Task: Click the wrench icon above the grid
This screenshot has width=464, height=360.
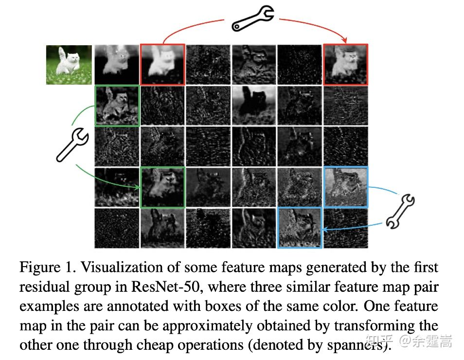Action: click(x=253, y=18)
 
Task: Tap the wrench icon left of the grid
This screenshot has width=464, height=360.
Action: click(x=72, y=145)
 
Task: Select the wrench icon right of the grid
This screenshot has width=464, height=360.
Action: click(x=400, y=211)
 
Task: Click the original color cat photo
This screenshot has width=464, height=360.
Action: click(x=69, y=65)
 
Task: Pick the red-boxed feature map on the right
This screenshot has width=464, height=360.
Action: click(x=346, y=65)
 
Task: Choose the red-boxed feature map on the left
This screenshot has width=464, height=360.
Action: click(x=162, y=65)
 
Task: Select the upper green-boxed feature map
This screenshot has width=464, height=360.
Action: click(x=117, y=106)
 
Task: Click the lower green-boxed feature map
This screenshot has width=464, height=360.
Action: click(x=162, y=187)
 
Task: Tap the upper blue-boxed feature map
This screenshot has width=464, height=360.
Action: click(x=346, y=187)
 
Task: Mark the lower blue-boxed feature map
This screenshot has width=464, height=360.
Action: click(x=300, y=227)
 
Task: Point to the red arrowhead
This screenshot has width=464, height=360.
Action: click(x=344, y=40)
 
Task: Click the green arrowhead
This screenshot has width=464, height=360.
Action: click(x=137, y=187)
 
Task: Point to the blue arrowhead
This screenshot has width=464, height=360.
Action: click(x=325, y=229)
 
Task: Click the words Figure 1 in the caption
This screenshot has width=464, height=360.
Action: click(x=48, y=268)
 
